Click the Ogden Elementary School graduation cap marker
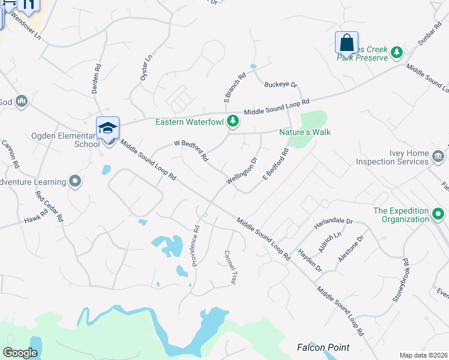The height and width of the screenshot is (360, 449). click(108, 128)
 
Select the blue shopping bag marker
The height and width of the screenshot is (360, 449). click(346, 43)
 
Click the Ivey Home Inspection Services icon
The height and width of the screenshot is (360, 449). click(438, 157)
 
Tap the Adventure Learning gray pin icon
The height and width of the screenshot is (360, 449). click(75, 181)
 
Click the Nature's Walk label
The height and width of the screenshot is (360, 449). click(305, 132)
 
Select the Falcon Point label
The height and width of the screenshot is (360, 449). click(324, 347)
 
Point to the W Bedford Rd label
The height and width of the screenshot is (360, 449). click(191, 151)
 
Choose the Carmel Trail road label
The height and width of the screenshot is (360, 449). click(231, 267)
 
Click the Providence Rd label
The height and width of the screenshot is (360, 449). click(196, 246)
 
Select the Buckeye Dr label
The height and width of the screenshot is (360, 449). click(281, 85)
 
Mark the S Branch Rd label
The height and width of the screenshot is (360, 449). click(235, 88)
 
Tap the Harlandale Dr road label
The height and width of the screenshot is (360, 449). click(333, 224)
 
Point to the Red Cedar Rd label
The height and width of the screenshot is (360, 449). click(49, 206)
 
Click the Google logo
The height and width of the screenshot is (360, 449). click(20, 353)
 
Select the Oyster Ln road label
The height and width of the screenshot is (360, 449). click(145, 67)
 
